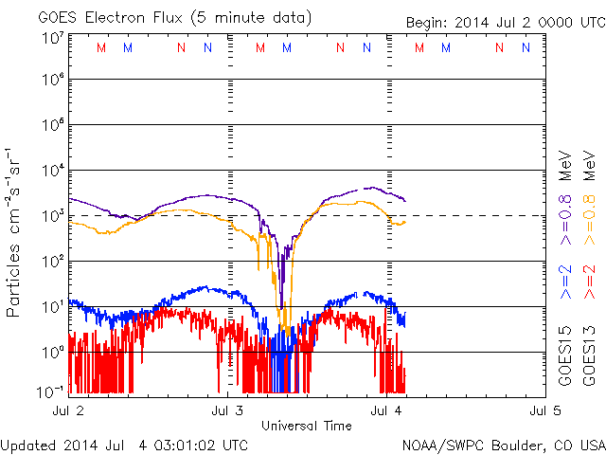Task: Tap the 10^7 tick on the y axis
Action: coord(52,37)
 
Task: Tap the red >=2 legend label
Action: coord(588,282)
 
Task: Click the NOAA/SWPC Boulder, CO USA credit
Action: coord(502,444)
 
